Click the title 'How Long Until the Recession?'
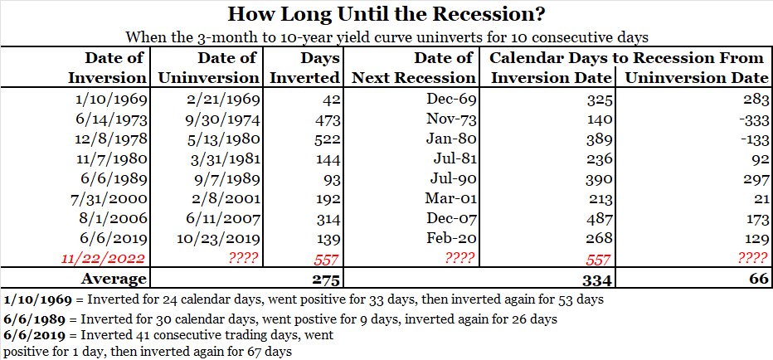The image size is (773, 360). pos(386,14)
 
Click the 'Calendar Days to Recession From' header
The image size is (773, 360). pos(627,57)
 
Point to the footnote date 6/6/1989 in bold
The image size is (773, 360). pos(31,319)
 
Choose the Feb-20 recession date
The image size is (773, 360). pos(451,238)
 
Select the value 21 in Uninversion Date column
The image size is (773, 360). pos(759,199)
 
